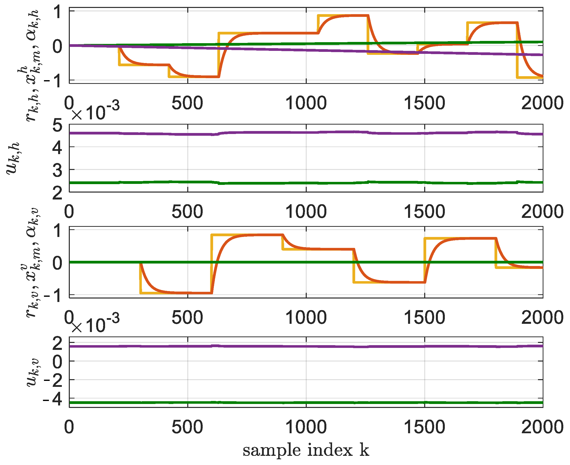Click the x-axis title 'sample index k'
coord(306,451)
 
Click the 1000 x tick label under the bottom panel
coord(306,427)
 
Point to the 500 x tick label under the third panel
coord(188,318)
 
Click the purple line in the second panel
coord(268,133)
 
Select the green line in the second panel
coord(268,183)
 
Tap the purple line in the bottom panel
coord(268,347)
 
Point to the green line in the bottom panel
coord(268,402)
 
